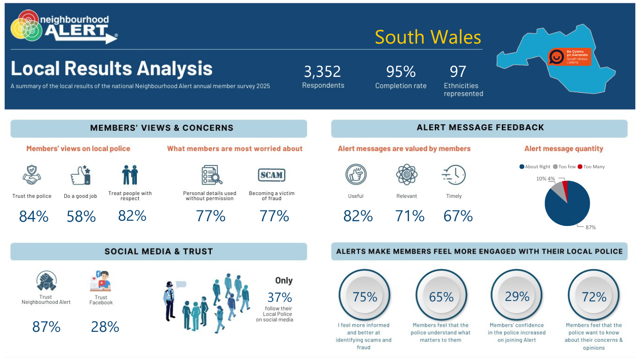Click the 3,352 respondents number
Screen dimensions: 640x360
(x=322, y=72)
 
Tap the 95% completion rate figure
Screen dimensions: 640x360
(x=401, y=72)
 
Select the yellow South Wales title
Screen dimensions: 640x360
(x=428, y=37)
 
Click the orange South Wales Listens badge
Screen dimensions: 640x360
(x=569, y=57)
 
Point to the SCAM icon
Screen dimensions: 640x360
(x=271, y=175)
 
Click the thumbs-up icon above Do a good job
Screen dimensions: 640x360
(x=81, y=175)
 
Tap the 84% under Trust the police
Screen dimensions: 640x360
(x=34, y=216)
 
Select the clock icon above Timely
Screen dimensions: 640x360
(x=454, y=175)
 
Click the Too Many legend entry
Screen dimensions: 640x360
(x=591, y=167)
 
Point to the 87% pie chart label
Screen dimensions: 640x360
(x=591, y=227)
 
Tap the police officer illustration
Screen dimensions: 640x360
(x=170, y=301)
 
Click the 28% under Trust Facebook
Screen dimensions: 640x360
(x=105, y=327)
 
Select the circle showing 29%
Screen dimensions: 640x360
(x=517, y=295)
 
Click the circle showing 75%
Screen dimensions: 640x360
(x=365, y=295)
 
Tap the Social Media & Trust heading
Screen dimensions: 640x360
(x=159, y=251)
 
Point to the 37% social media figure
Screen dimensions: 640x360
(x=280, y=297)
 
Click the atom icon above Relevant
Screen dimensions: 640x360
(x=407, y=174)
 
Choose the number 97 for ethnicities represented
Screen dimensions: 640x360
(x=458, y=72)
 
